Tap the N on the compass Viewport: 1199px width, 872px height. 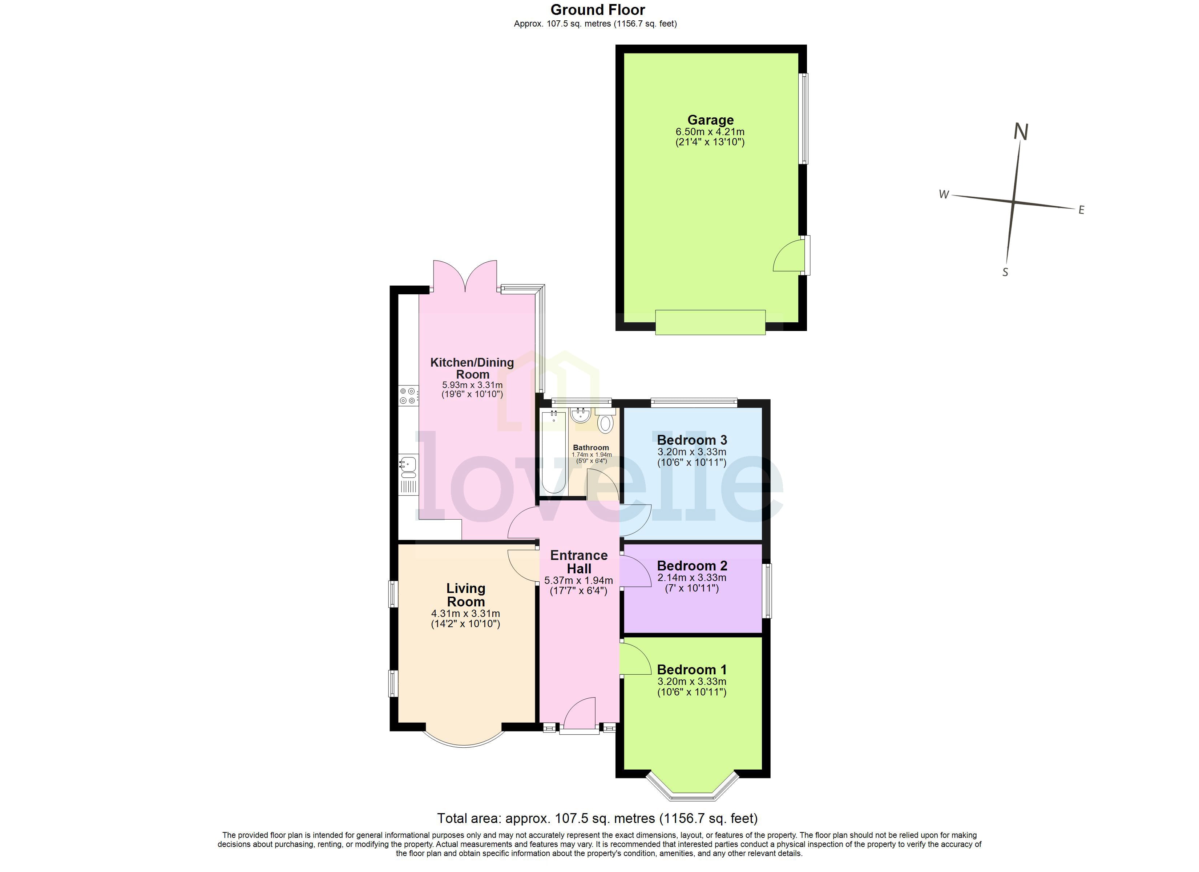1021,132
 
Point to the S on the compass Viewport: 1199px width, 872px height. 1005,272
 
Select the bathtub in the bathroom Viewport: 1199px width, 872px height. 553,452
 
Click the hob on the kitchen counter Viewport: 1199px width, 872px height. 408,396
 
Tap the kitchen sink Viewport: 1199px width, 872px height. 408,465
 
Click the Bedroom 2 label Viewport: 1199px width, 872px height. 692,565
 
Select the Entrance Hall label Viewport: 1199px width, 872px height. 579,562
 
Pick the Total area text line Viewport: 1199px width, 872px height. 597,818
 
